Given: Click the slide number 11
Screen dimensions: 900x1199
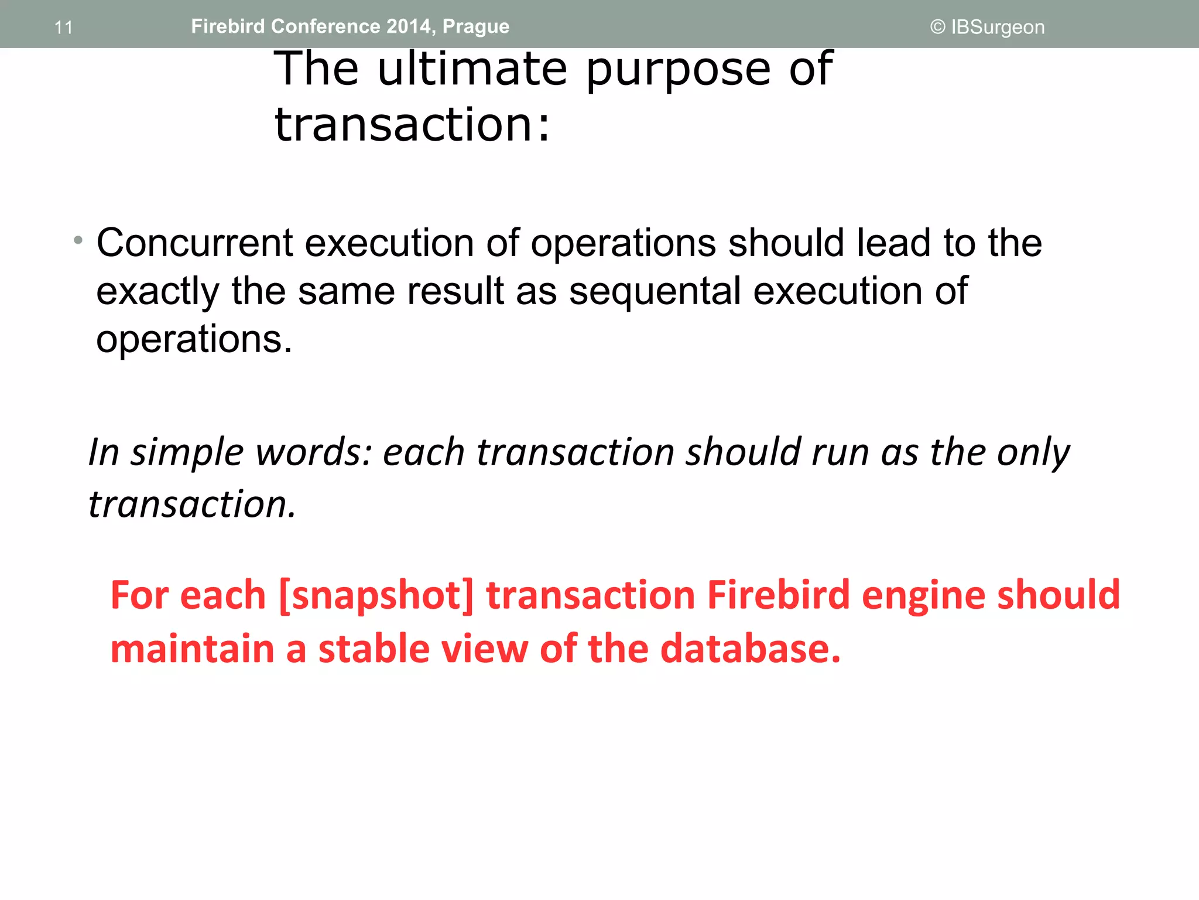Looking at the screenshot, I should point(63,28).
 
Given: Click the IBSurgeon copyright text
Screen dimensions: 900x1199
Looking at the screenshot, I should point(988,27).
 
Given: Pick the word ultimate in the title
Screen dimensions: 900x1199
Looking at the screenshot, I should point(472,69).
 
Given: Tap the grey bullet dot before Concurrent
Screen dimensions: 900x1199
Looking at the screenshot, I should point(78,240).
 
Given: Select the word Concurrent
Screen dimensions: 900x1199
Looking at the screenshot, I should point(194,243).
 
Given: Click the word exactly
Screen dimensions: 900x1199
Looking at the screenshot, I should point(157,291).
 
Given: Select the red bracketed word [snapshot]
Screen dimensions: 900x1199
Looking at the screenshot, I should point(376,595).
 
